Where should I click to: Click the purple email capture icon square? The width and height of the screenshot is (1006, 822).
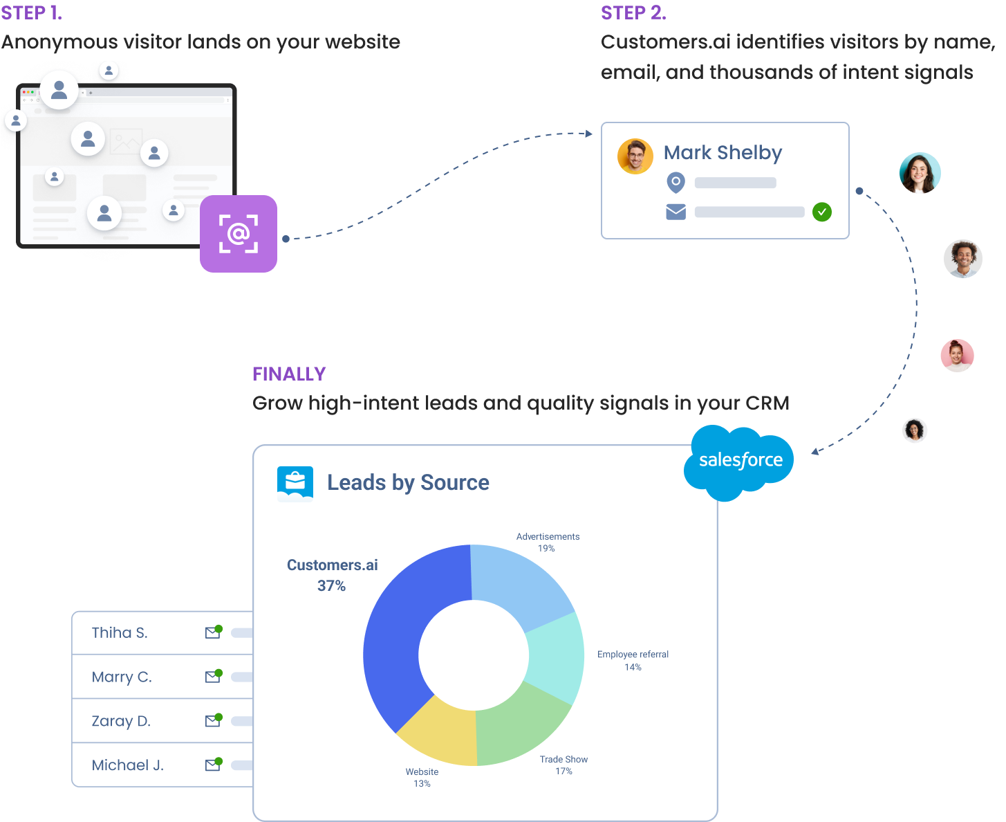[239, 234]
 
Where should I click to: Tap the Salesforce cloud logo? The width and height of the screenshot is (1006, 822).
[739, 462]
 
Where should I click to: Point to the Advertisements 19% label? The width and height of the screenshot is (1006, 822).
[548, 542]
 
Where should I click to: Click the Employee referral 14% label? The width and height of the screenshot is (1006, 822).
[633, 660]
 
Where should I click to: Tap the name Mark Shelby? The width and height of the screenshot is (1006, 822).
[723, 152]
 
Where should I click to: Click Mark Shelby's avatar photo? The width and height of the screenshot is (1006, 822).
[635, 156]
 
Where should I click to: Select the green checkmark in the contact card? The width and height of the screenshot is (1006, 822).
[821, 212]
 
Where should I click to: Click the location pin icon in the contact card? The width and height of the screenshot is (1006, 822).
[676, 183]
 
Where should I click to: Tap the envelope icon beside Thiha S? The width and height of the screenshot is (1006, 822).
[213, 632]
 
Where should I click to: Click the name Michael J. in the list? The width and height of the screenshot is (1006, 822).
[127, 765]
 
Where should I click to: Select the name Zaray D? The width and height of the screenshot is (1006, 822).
[121, 721]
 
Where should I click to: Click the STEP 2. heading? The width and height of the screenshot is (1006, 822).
[633, 13]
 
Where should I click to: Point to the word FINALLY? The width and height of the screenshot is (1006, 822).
[289, 374]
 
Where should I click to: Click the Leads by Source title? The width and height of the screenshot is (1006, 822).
[408, 482]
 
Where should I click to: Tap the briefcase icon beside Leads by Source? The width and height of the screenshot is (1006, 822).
[295, 482]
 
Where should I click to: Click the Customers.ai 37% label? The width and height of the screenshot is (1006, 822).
[332, 575]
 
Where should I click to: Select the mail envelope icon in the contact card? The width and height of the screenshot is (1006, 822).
[676, 212]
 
